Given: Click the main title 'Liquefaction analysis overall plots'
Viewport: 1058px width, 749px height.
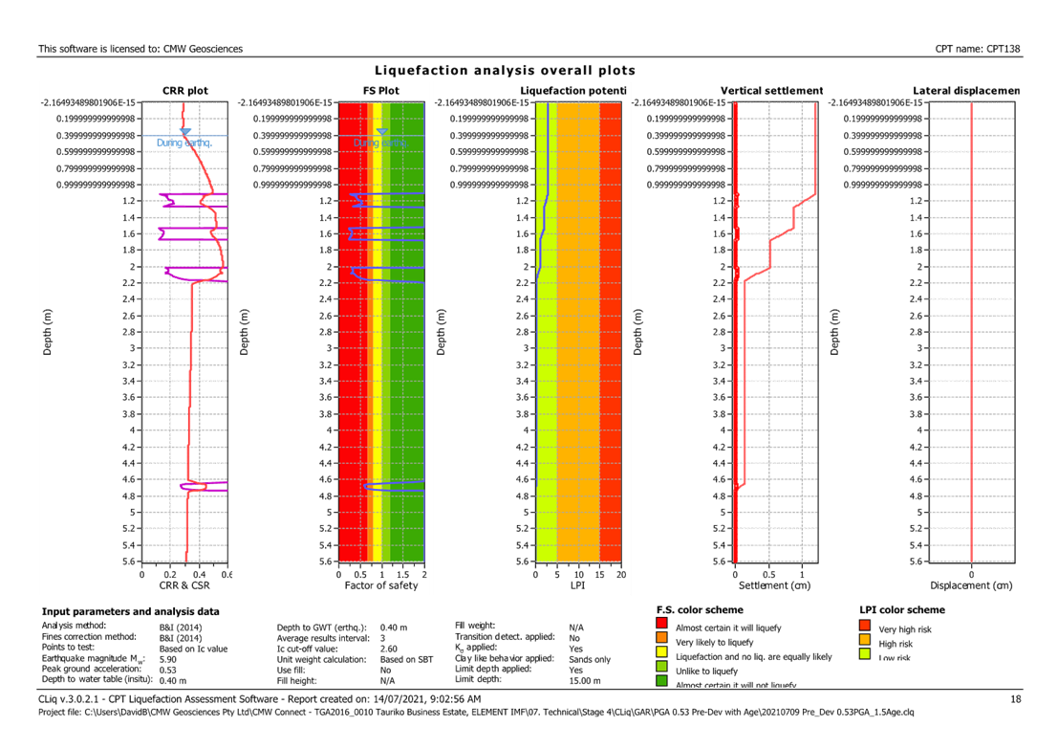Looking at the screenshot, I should coord(505,71).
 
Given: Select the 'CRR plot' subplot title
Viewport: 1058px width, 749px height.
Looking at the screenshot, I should coord(184,91).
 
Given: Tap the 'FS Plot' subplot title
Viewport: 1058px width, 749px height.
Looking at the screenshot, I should coord(381,91).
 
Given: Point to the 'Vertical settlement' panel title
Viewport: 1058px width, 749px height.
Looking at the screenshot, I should coord(771,91).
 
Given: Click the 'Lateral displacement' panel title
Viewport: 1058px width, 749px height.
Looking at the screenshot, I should coord(966,91).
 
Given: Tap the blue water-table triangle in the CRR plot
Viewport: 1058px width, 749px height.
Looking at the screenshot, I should coord(186,131).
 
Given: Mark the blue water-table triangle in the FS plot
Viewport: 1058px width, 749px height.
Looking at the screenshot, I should coord(382,131).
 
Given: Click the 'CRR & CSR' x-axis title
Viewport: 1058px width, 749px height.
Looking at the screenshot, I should coord(184,585).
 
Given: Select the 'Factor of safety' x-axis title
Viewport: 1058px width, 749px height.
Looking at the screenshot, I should coord(380,585).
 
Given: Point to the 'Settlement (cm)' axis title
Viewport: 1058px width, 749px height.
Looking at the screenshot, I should coord(770,585).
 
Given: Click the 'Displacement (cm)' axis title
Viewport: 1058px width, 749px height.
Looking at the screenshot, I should coord(971,585).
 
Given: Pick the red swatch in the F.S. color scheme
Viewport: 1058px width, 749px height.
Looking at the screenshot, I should coord(662,626).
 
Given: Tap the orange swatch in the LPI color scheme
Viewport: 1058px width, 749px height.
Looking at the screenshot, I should coord(866,640).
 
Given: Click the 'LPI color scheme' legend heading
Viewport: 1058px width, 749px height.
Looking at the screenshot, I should coord(903,609).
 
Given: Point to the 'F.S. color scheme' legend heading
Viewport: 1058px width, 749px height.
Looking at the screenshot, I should coord(701,609).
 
